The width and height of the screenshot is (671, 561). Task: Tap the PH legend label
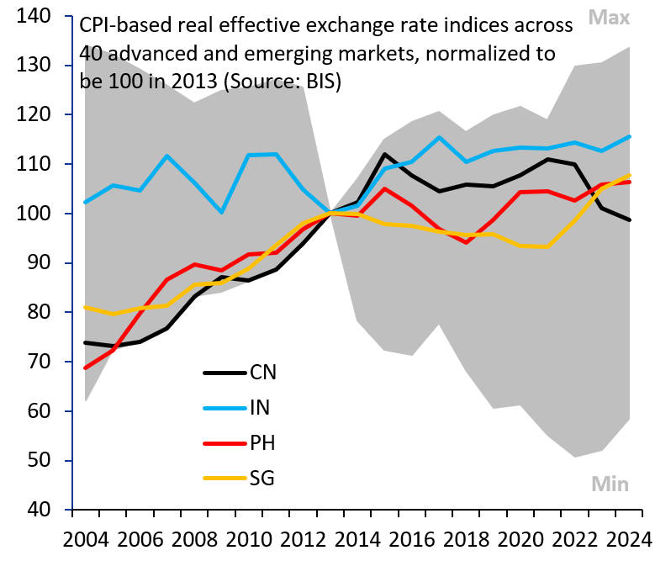262,443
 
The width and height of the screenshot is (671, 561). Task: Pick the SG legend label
262,479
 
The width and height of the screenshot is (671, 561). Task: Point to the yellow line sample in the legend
223,479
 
